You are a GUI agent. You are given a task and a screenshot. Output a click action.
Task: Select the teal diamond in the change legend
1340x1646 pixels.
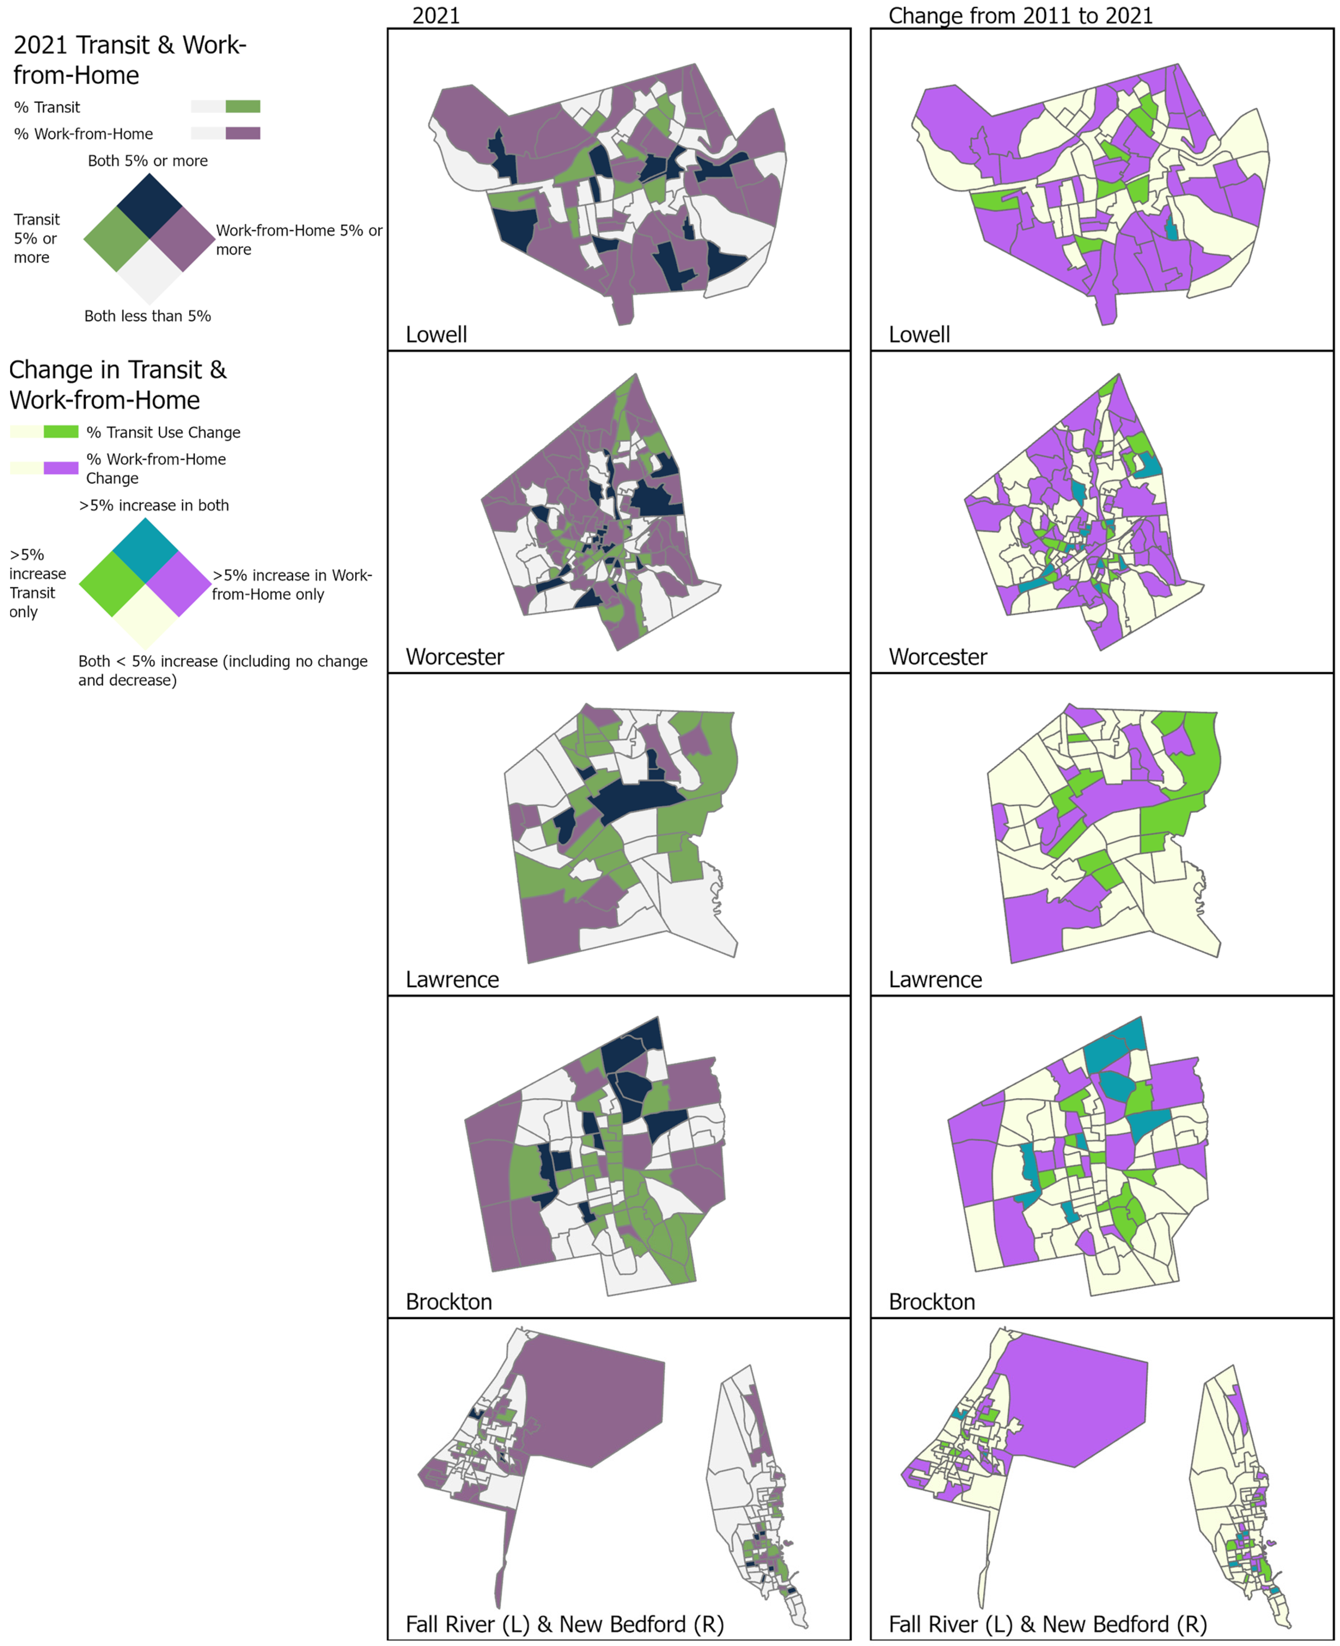tap(145, 550)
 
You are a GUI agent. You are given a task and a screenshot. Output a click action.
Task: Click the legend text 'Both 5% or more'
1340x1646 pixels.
tap(147, 160)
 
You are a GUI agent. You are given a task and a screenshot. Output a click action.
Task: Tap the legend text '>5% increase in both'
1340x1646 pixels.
tap(153, 506)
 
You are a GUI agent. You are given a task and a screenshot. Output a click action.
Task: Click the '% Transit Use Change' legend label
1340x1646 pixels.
tap(163, 432)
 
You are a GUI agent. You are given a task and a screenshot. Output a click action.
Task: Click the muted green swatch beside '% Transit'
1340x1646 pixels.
tap(242, 107)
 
